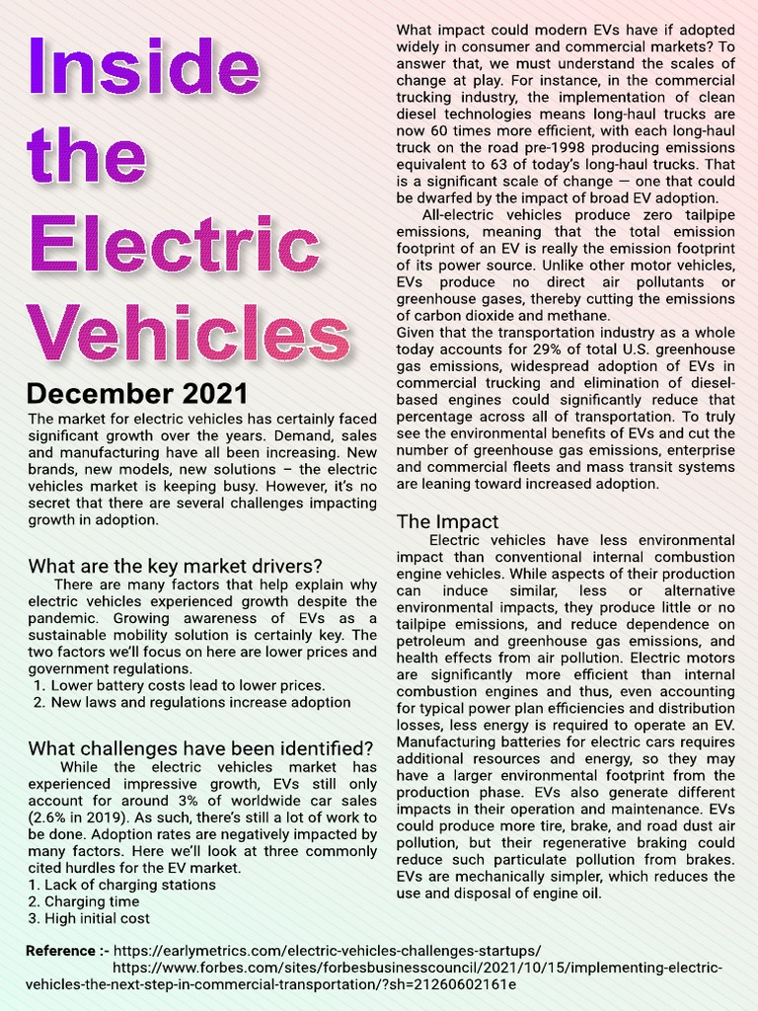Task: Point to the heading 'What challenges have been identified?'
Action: point(200,746)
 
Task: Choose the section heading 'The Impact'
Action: point(447,520)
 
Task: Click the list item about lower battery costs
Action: point(188,685)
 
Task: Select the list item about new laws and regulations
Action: point(200,702)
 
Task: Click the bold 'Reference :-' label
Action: point(68,951)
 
